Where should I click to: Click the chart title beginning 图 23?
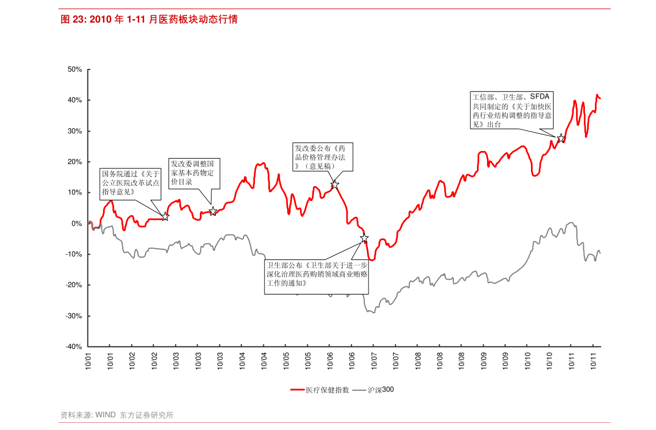(149, 20)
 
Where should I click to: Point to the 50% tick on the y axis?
(75, 69)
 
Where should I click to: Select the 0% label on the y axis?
(77, 224)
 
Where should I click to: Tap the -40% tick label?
(74, 347)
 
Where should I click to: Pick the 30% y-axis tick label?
(75, 131)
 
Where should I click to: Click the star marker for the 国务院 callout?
(165, 217)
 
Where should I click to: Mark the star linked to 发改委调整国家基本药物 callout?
(213, 211)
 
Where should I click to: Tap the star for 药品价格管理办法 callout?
(334, 184)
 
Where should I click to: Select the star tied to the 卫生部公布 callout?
(364, 238)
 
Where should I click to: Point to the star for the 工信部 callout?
(561, 138)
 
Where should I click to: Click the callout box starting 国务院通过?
(130, 183)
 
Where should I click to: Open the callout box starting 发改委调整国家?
(194, 173)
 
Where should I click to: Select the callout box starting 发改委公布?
(322, 157)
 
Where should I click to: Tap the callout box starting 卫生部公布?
(316, 274)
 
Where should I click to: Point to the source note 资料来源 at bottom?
(117, 415)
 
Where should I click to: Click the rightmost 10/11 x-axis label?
(594, 361)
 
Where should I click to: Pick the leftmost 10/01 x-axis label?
(88, 361)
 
